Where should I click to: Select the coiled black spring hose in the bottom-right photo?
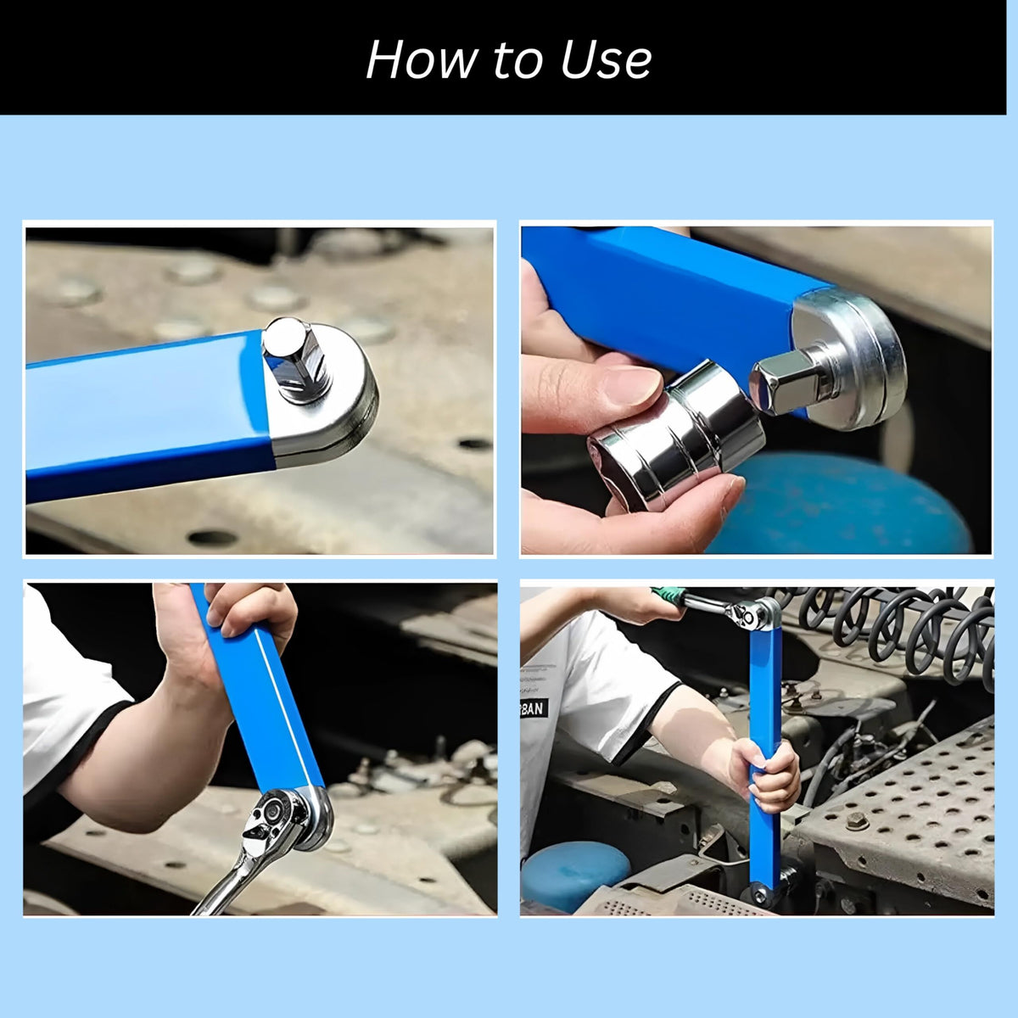tap(908, 628)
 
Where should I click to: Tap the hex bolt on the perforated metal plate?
tap(856, 820)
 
